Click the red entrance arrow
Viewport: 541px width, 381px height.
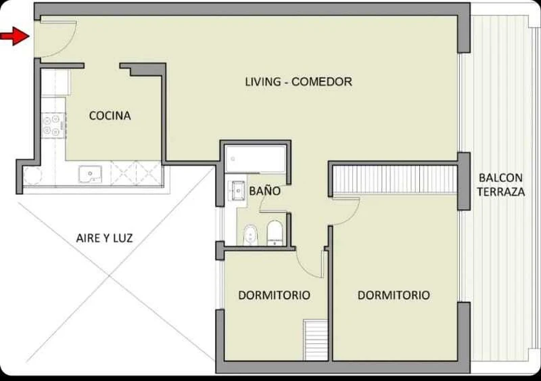(14, 36)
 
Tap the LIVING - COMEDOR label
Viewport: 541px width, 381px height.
(298, 82)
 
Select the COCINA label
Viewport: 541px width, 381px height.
(110, 115)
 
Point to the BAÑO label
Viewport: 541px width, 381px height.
(264, 191)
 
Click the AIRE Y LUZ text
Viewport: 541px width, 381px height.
(104, 238)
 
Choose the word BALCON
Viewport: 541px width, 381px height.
(500, 178)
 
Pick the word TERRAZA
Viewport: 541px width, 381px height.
(501, 192)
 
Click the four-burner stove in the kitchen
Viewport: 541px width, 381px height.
(53, 125)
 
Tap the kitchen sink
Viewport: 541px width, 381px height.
(90, 174)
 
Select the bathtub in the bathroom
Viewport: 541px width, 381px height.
(256, 159)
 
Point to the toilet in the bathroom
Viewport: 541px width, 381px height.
(275, 233)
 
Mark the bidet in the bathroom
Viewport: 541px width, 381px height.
(250, 235)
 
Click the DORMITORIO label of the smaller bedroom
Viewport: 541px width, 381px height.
(275, 295)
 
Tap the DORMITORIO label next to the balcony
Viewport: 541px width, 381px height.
(394, 295)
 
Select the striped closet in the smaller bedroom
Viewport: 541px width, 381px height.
(315, 340)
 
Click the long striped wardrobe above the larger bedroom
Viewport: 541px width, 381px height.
(395, 179)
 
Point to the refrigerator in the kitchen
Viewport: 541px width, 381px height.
(55, 83)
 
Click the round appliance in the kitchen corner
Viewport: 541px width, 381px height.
(32, 176)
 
